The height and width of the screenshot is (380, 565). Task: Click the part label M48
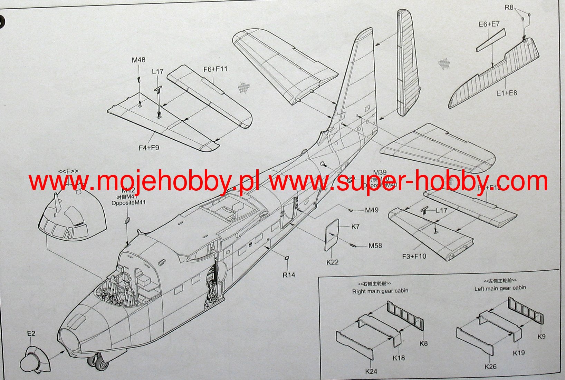[x=138, y=60]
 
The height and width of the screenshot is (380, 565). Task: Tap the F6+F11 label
[x=215, y=69]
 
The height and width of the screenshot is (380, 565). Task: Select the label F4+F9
[x=149, y=148]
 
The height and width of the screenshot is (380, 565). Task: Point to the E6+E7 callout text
[x=489, y=24]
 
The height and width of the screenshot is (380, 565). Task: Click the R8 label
[x=509, y=7]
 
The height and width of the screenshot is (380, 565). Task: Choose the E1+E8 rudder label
[x=507, y=93]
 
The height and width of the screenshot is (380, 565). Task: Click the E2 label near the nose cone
[x=31, y=333]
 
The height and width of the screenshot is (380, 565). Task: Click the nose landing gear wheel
[x=95, y=362]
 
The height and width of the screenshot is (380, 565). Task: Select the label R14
[x=289, y=275]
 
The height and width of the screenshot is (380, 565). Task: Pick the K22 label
[x=332, y=262]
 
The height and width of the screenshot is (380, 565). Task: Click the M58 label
[x=375, y=246]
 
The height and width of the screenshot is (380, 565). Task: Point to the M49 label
[x=372, y=210]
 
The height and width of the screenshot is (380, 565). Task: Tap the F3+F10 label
[x=414, y=256]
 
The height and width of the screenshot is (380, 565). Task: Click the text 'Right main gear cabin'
[x=380, y=291]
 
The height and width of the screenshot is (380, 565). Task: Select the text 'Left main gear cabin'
[x=500, y=288]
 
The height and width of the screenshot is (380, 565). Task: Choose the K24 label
[x=371, y=371]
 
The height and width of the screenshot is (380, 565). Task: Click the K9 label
[x=541, y=336]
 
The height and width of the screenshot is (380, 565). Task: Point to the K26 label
[x=490, y=367]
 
